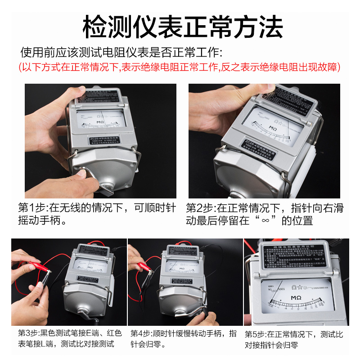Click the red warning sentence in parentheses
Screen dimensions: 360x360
(x=180, y=67)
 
